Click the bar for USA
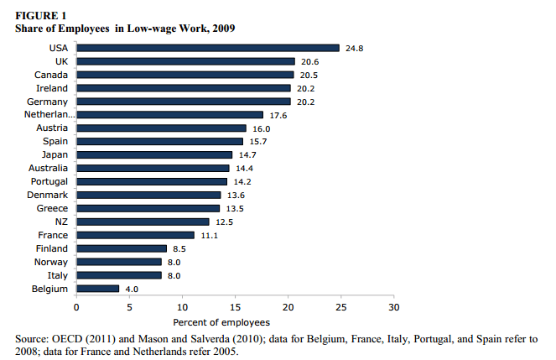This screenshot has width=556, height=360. (208, 48)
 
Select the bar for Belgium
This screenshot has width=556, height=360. (97, 289)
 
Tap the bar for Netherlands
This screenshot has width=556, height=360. (169, 115)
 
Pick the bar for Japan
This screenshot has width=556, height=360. (154, 155)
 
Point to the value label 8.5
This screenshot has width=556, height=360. (179, 248)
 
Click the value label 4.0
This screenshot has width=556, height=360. (132, 289)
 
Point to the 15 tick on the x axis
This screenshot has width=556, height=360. (235, 306)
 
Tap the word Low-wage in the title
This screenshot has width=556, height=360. (146, 28)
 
